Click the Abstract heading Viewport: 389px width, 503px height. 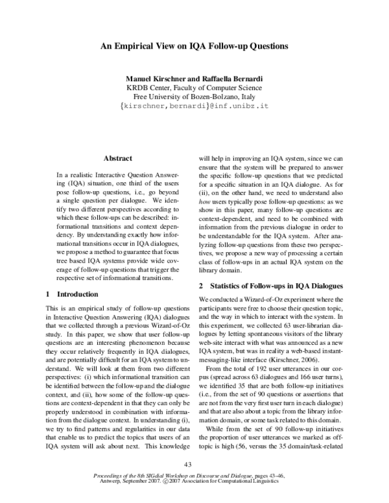pos(118,158)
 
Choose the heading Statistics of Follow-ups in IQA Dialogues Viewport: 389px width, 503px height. pos(283,304)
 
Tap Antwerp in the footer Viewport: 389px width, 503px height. pos(110,484)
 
